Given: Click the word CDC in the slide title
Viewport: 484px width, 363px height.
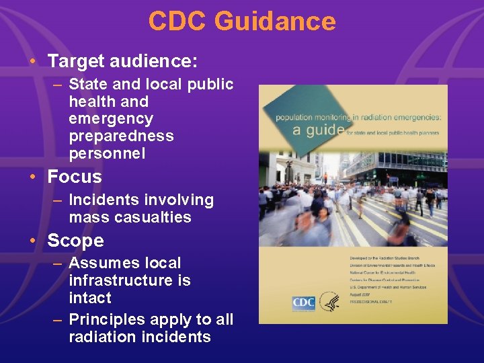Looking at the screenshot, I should pos(177,22).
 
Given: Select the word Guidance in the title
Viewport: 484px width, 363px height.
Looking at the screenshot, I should pos(275,22).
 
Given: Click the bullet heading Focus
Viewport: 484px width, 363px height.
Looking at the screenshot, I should pos(75,177).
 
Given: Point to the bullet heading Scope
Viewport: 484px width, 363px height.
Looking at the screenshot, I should pos(76,241).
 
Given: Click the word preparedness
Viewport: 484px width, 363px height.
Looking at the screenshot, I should pos(121,136).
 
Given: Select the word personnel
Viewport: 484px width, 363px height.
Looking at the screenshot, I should pos(107,153).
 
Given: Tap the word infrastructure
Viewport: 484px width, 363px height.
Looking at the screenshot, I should pos(130,280).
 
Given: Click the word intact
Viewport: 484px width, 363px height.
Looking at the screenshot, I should pos(90,298).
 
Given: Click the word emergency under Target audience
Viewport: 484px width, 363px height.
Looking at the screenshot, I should pos(111,119).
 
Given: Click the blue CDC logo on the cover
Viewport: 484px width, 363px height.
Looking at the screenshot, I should pos(303,302).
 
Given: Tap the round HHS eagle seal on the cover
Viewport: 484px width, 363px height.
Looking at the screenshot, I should pos(329,302).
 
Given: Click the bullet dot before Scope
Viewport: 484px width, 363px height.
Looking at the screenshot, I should pos(32,241).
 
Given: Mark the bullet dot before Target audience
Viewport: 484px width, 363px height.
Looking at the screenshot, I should pos(32,62).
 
